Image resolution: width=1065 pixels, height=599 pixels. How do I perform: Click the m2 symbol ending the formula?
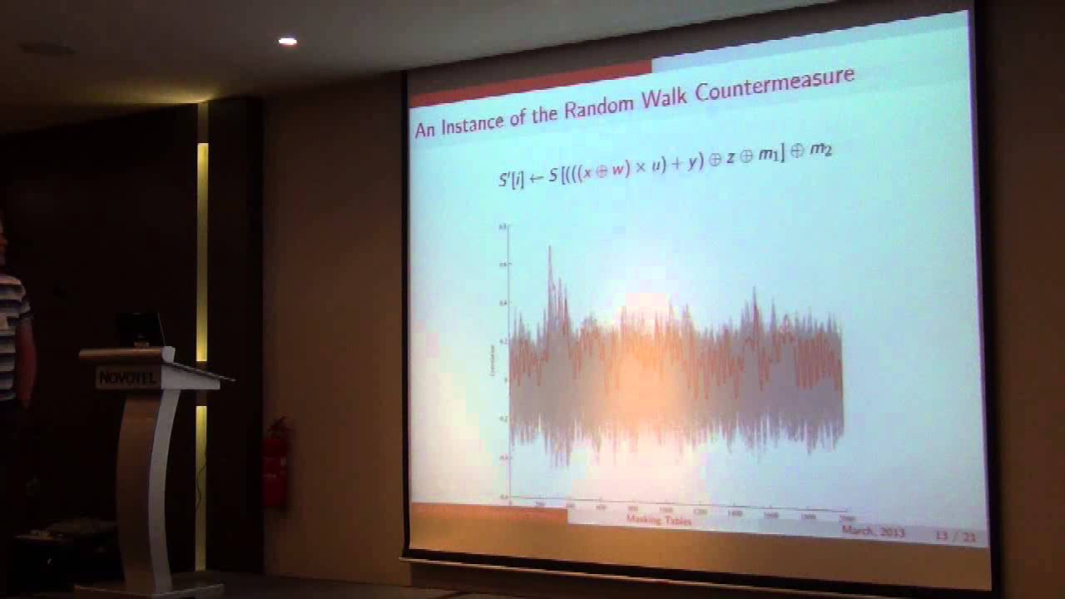coord(820,150)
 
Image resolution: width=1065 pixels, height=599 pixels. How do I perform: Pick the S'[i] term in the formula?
coord(511,178)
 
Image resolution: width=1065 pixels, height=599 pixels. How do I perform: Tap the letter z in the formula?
coord(730,157)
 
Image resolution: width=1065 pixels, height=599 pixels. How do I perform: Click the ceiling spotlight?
coord(287,41)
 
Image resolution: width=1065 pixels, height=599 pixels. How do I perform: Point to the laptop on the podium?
coord(140,330)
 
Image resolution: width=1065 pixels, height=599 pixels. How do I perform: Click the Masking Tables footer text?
coord(658,520)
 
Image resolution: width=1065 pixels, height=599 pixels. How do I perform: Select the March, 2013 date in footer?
coord(873,531)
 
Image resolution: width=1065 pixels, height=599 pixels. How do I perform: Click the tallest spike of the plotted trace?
coord(549,250)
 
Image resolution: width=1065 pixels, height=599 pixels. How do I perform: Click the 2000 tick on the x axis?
coord(846,518)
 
